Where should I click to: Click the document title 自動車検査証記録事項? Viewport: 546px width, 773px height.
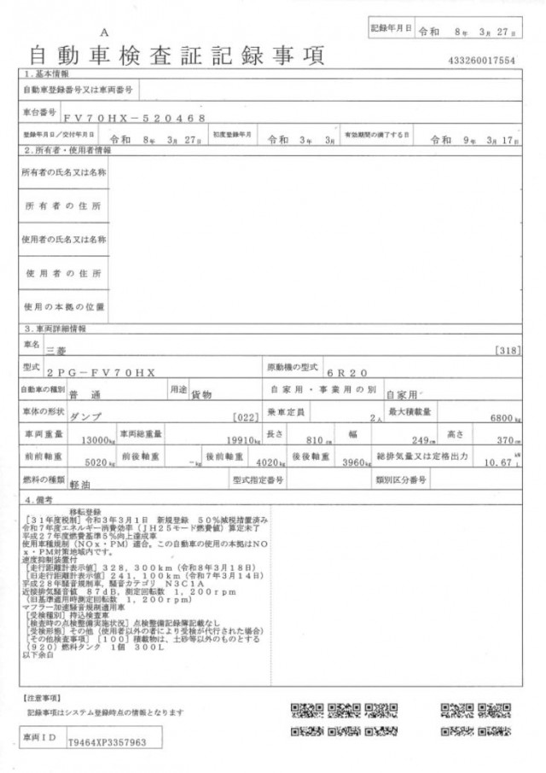(177, 56)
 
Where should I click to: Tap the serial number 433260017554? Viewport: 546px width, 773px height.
(481, 61)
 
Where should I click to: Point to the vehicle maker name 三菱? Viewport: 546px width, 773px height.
(55, 351)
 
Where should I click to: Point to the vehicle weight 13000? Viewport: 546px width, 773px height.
(96, 440)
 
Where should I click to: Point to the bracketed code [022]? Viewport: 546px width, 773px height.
(245, 417)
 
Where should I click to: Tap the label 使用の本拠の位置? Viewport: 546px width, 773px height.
(64, 306)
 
